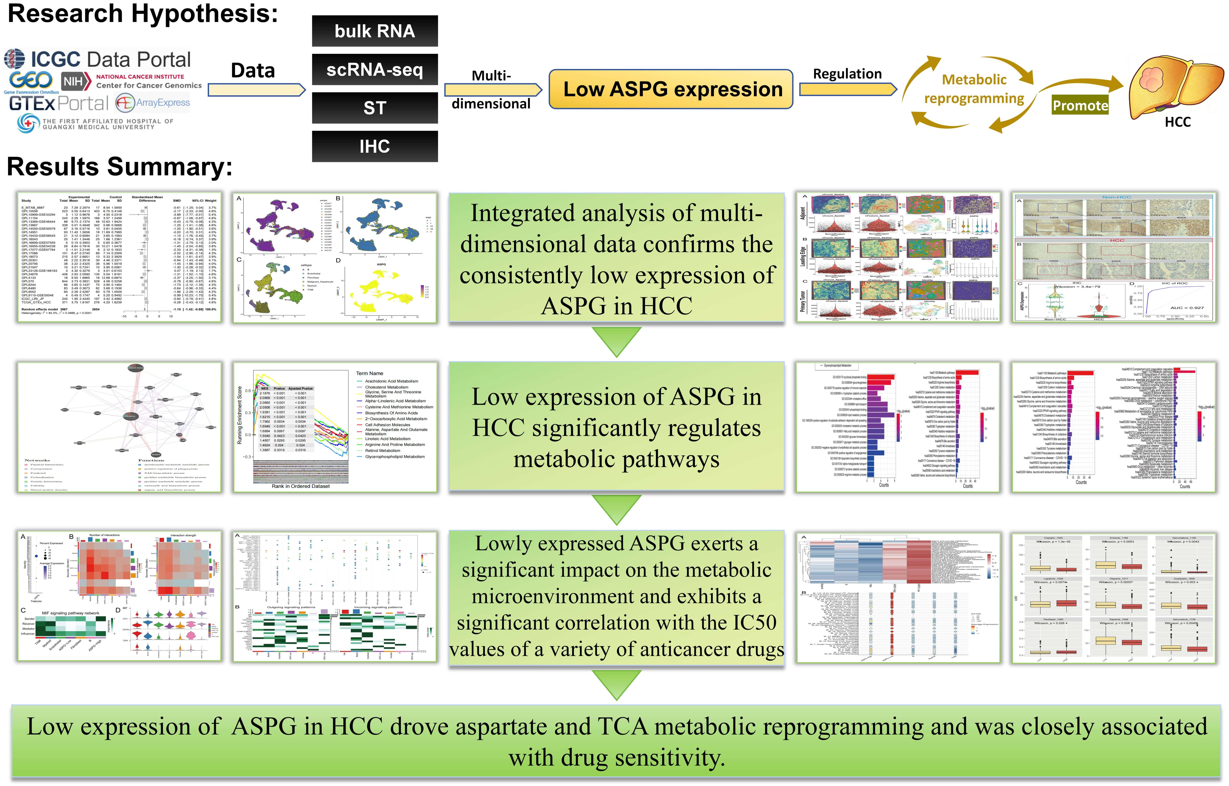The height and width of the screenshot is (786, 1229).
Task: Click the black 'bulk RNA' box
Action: (x=375, y=31)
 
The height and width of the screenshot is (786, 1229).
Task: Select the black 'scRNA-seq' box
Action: (x=375, y=69)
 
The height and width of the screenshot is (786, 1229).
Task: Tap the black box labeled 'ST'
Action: (x=375, y=108)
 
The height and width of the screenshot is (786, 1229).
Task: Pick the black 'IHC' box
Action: (x=375, y=147)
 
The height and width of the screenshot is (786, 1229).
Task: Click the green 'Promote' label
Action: (x=1080, y=105)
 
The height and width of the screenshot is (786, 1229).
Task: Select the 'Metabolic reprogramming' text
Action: (x=974, y=89)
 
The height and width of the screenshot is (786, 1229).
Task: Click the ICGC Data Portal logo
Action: (x=97, y=59)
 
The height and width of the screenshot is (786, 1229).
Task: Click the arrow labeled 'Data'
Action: (x=257, y=90)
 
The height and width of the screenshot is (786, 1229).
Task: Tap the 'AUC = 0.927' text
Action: (x=1187, y=308)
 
